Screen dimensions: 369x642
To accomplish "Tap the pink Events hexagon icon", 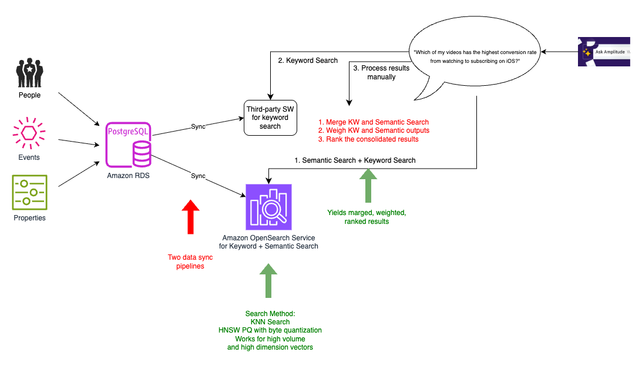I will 29,134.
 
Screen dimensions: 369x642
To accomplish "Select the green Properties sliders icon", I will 29,192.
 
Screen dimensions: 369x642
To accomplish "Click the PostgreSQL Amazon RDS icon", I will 127,145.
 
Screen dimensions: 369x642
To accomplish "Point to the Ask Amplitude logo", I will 604,52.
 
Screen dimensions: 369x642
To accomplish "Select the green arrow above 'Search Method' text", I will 268,280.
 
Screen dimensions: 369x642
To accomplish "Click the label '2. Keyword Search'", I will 308,60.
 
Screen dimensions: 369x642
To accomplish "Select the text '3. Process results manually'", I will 382,72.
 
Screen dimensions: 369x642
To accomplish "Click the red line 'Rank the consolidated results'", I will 368,139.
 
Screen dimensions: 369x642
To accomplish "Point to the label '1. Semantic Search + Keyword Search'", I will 355,160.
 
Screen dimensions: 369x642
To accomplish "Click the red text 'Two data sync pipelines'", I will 190,261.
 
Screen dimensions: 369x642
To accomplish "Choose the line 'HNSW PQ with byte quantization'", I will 270,330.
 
